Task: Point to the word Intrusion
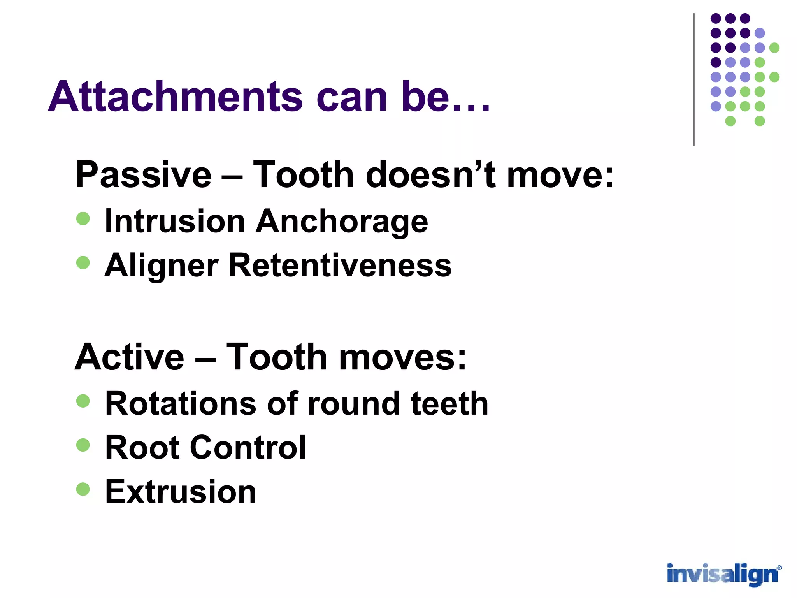tap(175, 221)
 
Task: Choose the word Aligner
tap(161, 266)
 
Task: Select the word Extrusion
tap(181, 491)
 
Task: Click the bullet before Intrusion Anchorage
tap(83, 218)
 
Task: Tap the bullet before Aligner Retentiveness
tap(83, 262)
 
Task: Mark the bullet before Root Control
tap(83, 445)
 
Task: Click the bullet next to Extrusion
tap(83, 489)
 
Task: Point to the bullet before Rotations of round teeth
tap(83, 401)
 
